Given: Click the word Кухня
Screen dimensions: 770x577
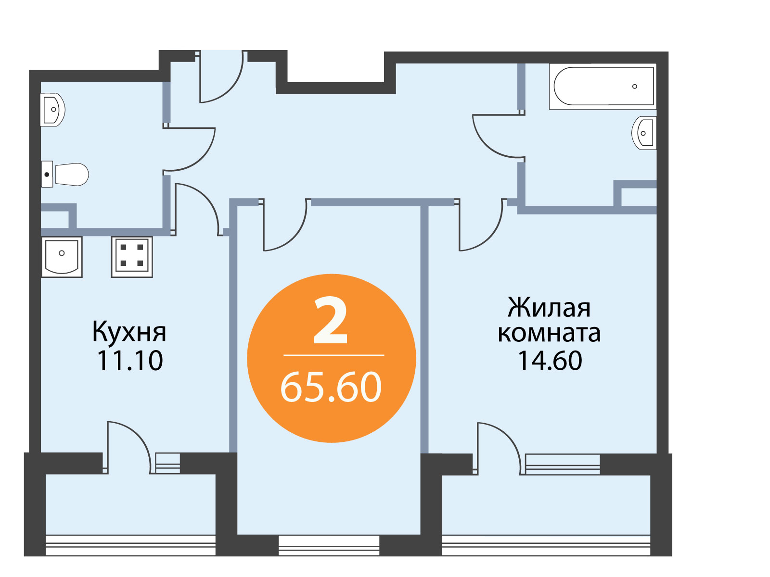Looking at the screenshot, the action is coord(129,331).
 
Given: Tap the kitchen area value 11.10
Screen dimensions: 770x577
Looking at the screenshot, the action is coord(129,361).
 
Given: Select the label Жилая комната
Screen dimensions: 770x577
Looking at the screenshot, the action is coord(549,320).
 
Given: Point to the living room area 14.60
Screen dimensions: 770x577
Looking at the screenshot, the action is coord(550,361).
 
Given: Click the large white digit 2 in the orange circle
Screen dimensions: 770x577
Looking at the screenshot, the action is coord(330,320).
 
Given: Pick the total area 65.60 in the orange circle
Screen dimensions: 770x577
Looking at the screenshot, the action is coord(331,387).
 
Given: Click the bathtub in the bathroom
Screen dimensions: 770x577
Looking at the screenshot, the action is coord(603,86).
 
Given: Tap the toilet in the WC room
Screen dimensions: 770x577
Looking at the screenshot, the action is coord(65,174).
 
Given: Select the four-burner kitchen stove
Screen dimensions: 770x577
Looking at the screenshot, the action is coord(132,257).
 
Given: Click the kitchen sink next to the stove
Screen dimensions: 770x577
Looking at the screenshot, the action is coord(62,257).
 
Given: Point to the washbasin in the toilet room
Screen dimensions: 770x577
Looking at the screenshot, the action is coord(52,109).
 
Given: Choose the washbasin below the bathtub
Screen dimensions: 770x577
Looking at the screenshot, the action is coord(644,133).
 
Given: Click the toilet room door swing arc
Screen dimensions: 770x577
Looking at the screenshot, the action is coord(204,158).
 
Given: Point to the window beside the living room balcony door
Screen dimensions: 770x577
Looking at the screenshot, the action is coord(563,464).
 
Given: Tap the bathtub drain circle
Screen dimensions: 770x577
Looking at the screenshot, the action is coord(635,87).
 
